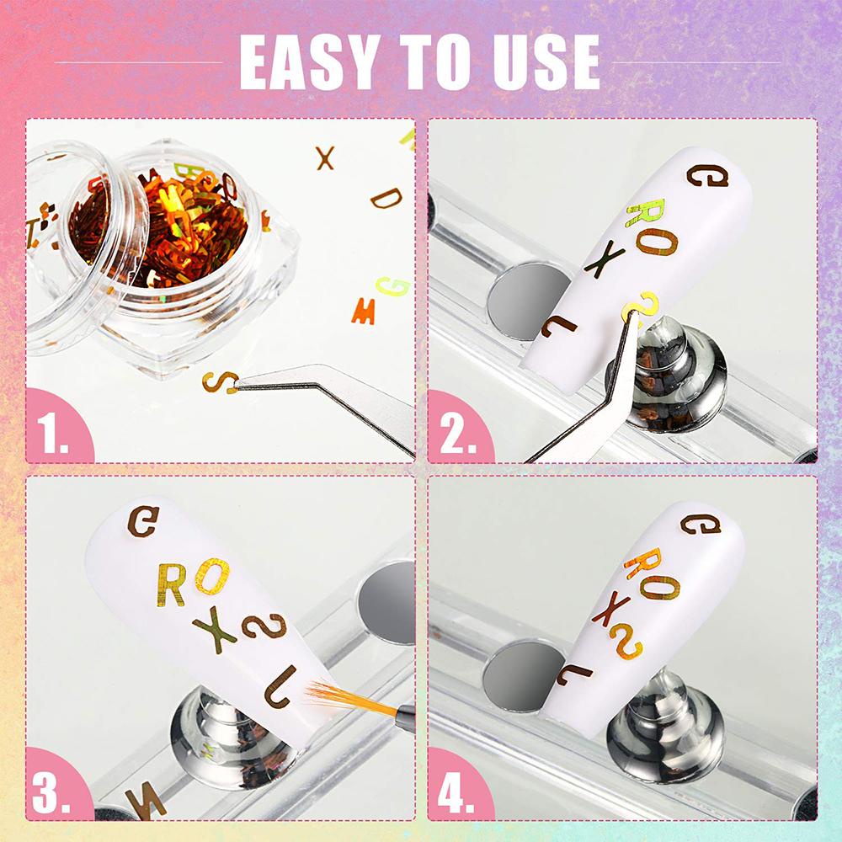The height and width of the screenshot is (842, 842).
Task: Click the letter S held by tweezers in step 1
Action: [x=220, y=382]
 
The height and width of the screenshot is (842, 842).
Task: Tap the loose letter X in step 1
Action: [x=325, y=158]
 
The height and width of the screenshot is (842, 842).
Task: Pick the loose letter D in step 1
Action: [x=386, y=198]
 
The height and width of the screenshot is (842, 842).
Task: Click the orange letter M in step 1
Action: [x=364, y=312]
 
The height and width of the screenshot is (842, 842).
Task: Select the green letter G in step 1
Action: [x=392, y=287]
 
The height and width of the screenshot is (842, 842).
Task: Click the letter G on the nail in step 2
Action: [x=708, y=176]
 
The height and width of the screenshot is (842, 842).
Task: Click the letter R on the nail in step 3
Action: [x=172, y=585]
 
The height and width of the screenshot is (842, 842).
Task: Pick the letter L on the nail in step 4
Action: [x=574, y=675]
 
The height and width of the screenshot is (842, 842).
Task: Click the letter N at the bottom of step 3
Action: [x=146, y=803]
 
